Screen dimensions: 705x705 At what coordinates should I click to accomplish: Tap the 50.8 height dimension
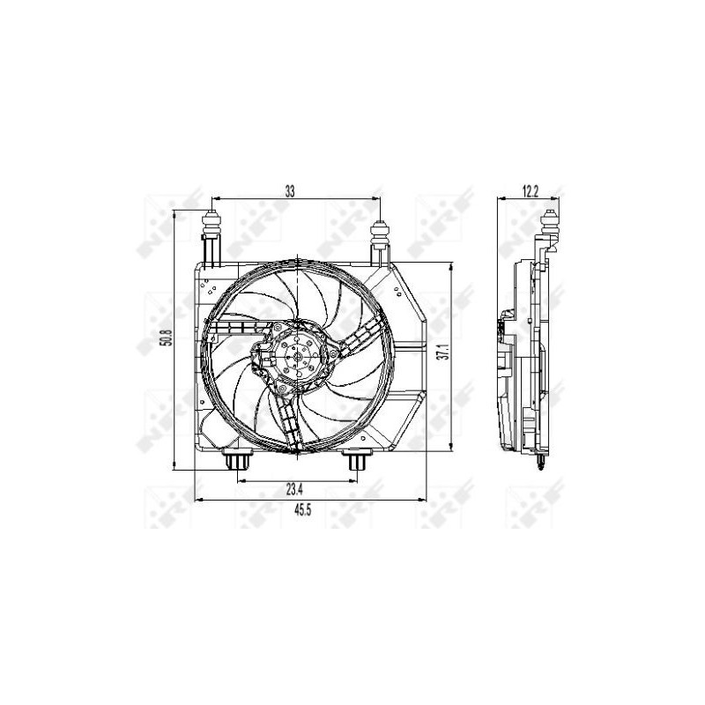tap(163, 337)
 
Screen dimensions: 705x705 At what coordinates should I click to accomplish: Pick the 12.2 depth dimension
tap(529, 189)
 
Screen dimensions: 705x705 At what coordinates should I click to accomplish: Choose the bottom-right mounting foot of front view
tap(356, 462)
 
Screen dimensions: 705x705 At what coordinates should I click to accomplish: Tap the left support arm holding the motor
tap(232, 330)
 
